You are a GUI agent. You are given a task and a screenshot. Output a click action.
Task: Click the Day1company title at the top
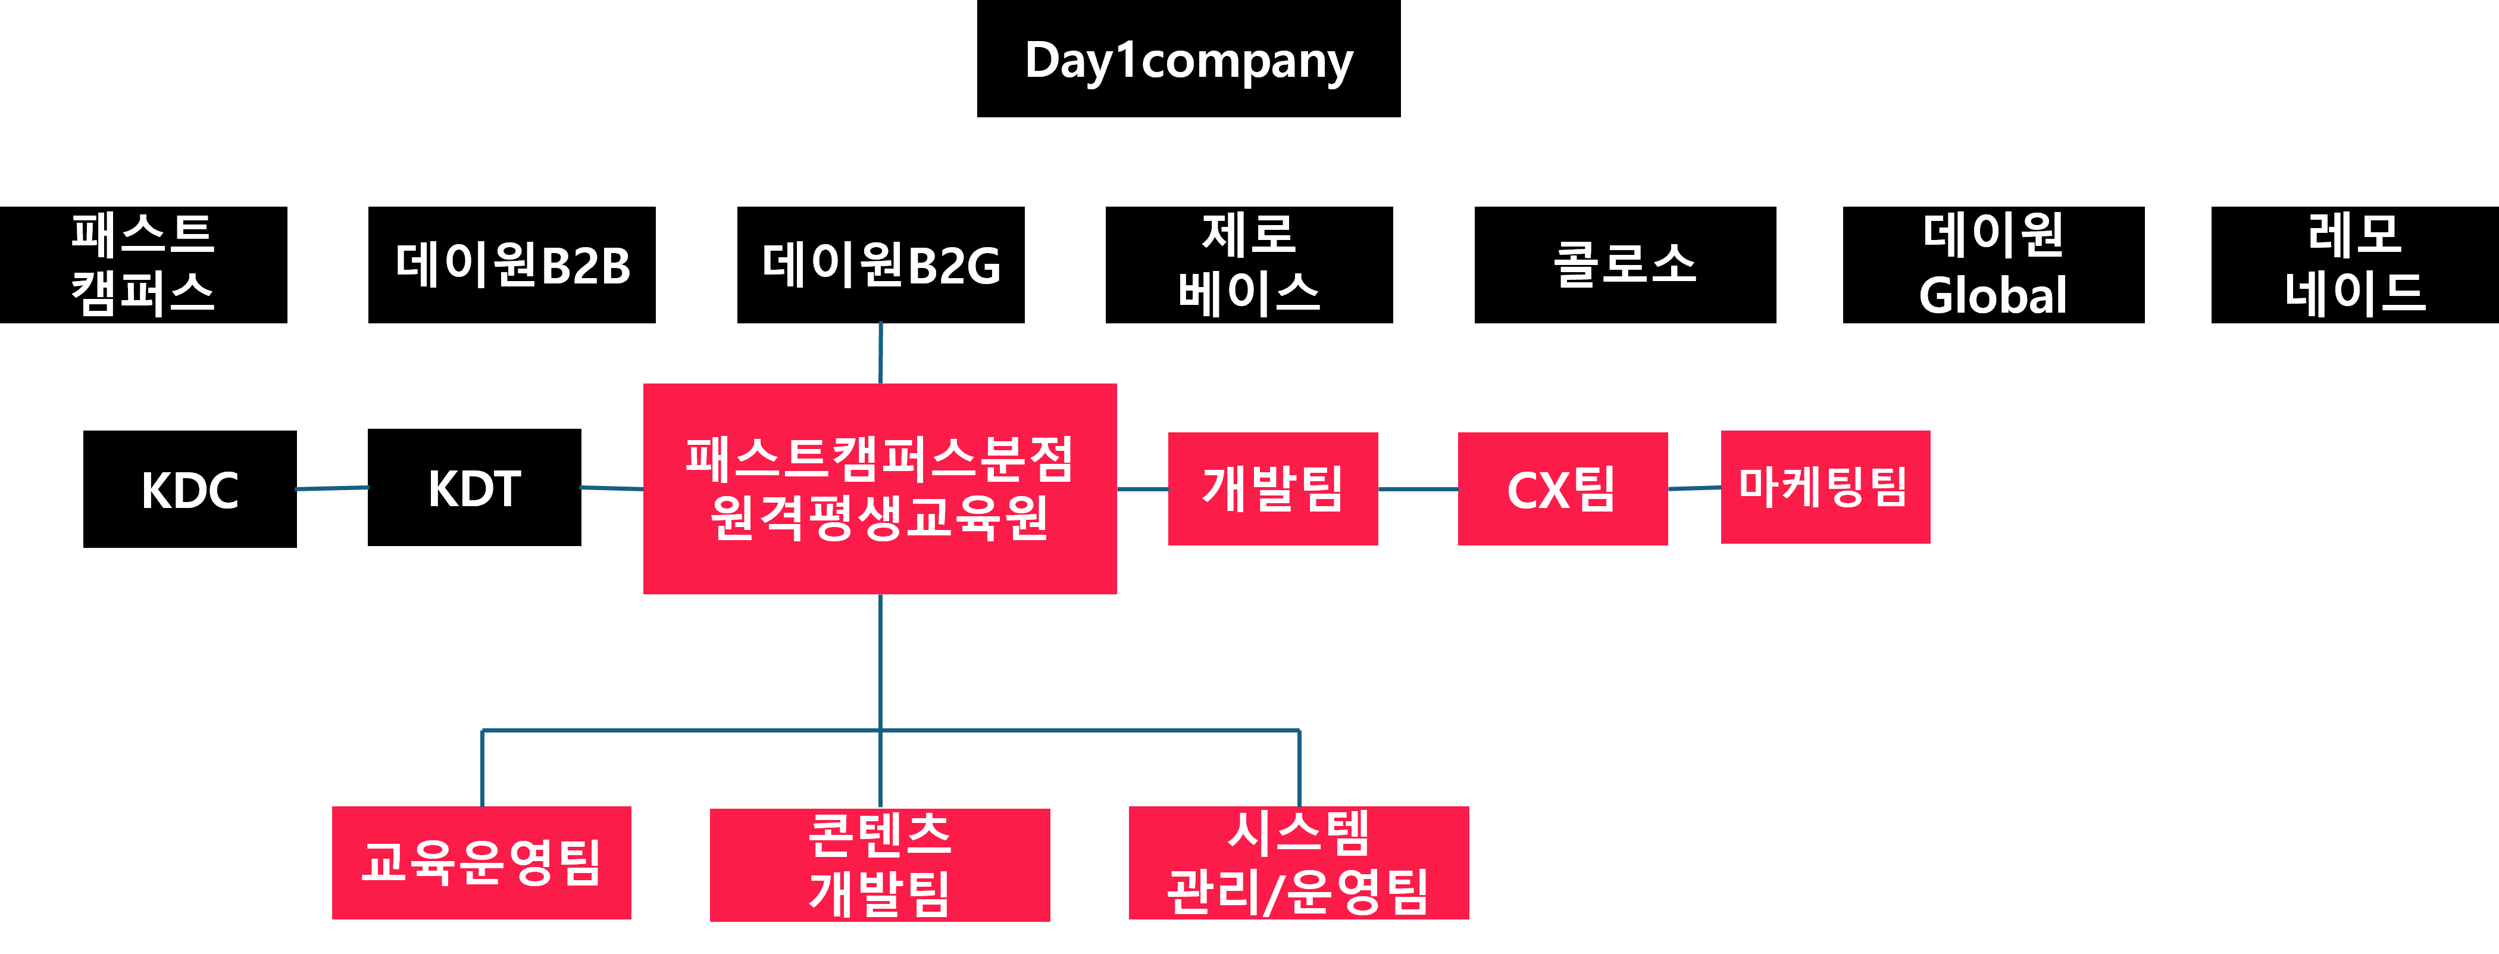(1188, 61)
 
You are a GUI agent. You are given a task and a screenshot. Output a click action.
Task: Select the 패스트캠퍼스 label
(143, 264)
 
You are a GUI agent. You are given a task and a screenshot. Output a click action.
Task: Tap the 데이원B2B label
(513, 265)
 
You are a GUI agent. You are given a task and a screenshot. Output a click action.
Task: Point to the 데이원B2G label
(881, 265)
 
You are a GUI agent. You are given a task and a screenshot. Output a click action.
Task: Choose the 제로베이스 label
(1249, 264)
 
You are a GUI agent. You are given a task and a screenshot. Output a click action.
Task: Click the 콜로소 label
(1625, 264)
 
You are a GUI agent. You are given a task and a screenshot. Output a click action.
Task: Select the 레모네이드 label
(2356, 264)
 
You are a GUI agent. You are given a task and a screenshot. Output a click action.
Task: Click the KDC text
(190, 490)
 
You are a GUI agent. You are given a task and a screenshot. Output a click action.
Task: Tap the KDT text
(474, 489)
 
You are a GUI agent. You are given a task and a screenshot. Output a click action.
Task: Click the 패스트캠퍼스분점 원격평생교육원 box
(880, 488)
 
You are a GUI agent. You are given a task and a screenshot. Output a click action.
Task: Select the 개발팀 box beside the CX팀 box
(1273, 488)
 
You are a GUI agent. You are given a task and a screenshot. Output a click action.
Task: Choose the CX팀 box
(1562, 488)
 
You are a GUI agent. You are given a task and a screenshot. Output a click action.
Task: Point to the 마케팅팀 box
(1825, 486)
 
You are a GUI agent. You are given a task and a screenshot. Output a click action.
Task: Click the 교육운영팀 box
(481, 862)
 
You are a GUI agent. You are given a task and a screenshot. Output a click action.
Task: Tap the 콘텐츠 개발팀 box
(880, 863)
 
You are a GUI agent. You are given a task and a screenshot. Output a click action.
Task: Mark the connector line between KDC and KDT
(331, 488)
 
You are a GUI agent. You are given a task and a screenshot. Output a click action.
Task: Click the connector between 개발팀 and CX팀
(1417, 489)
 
